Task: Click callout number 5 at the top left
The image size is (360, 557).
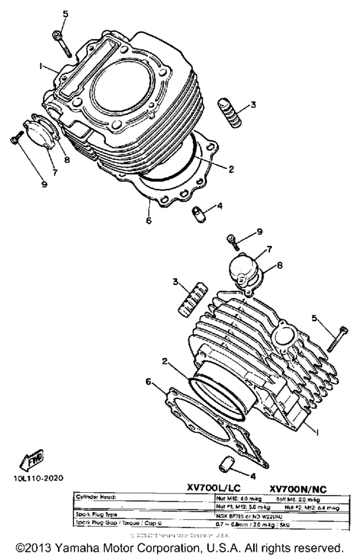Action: click(x=64, y=14)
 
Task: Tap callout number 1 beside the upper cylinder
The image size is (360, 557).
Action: click(x=40, y=66)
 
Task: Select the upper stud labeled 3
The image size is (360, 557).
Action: click(x=230, y=113)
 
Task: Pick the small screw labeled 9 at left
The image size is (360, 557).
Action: click(x=16, y=137)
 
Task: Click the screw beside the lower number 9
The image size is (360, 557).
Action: click(x=233, y=242)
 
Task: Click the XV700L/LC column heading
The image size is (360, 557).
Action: click(x=213, y=489)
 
